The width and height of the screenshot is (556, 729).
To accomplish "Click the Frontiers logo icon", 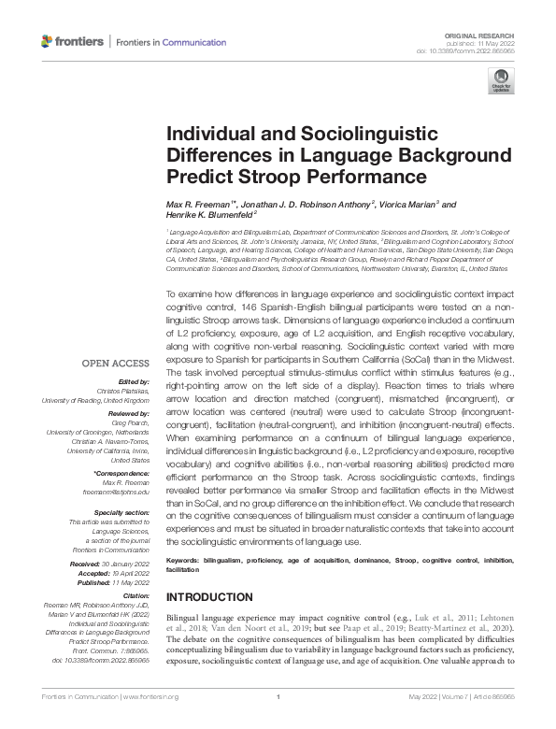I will point(49,42).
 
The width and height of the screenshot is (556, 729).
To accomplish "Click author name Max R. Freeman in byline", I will point(200,204).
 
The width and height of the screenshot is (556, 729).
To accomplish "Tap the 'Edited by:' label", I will point(135,381).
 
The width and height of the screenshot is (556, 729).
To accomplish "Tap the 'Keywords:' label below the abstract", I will point(186,559).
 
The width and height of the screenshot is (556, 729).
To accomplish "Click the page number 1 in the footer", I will point(278,721).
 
